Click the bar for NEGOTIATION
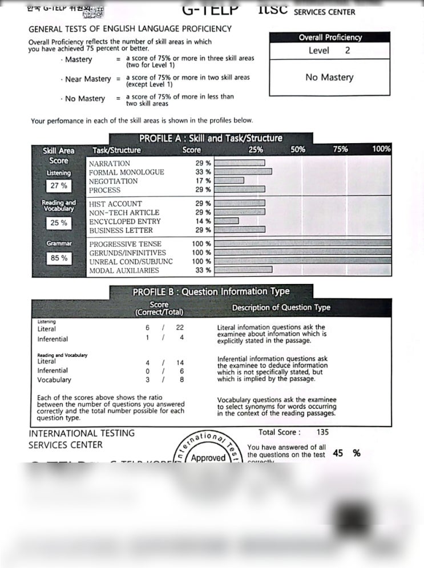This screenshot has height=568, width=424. (x=229, y=181)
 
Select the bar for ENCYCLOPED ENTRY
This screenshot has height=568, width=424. (x=227, y=221)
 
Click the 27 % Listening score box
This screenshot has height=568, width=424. (x=59, y=186)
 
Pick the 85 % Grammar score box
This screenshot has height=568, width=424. (x=59, y=258)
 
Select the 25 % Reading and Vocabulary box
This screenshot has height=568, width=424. (x=59, y=223)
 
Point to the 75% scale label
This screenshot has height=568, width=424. (x=340, y=149)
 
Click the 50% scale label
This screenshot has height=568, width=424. (x=298, y=149)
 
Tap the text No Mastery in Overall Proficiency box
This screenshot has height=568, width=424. (x=329, y=78)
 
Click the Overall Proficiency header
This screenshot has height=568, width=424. (x=330, y=38)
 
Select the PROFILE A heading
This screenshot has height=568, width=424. (x=211, y=139)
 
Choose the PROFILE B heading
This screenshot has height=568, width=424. (x=211, y=291)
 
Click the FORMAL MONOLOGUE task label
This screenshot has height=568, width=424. (x=126, y=172)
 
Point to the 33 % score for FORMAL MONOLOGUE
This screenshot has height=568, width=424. (x=203, y=172)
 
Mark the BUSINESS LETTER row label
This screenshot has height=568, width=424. (x=121, y=230)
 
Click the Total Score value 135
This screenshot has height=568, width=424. (x=322, y=432)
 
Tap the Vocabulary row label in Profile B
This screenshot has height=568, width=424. (x=54, y=380)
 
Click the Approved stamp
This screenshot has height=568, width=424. (x=208, y=458)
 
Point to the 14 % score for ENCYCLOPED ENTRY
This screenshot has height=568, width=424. (x=203, y=221)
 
